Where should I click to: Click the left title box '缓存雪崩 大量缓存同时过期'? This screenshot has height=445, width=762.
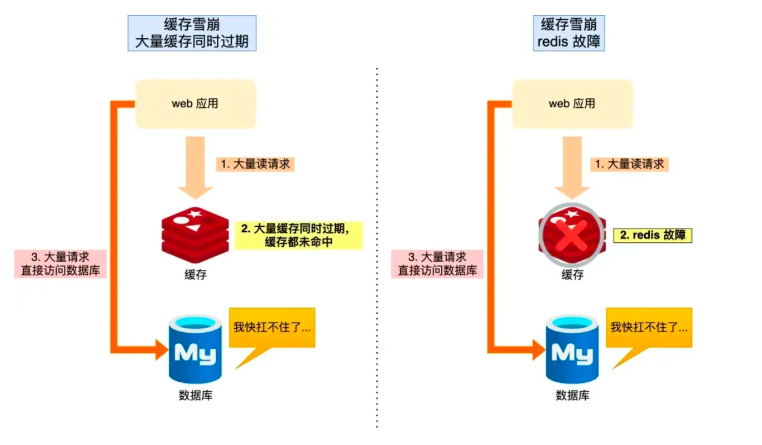(x=192, y=33)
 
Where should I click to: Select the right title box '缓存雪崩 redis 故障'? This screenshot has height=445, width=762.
(x=569, y=33)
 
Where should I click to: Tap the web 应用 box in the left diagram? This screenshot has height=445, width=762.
(x=196, y=104)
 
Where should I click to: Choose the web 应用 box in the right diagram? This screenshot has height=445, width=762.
(x=572, y=104)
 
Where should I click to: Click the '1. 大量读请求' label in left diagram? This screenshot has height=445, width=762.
(x=254, y=164)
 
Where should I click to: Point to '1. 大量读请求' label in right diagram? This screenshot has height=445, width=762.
(x=630, y=164)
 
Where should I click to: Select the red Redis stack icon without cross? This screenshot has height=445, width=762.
(x=195, y=233)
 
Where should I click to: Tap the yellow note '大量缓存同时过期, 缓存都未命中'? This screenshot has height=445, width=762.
(x=298, y=236)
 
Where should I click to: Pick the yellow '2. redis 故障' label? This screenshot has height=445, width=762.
(x=653, y=235)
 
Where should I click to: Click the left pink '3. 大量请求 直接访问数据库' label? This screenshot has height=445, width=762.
(x=61, y=263)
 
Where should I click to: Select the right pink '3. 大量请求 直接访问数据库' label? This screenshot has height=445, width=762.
(x=437, y=263)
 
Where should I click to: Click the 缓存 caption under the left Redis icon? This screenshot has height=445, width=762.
(x=195, y=276)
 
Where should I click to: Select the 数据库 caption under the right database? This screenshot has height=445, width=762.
(x=572, y=396)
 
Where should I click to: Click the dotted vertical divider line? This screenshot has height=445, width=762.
(x=377, y=250)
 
